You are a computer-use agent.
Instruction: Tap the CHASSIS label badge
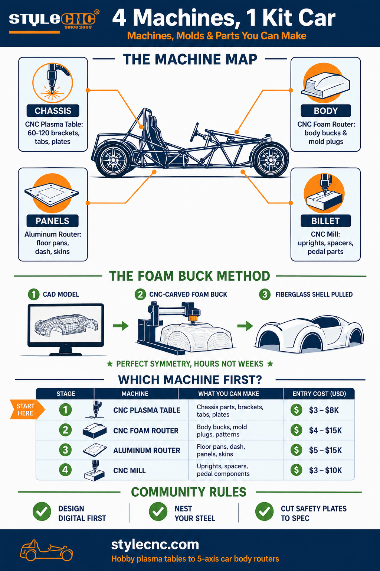click(x=53, y=111)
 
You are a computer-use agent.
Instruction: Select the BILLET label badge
click(x=325, y=221)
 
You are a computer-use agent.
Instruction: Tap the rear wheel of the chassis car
click(x=113, y=160)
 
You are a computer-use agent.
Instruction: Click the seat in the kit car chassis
click(x=155, y=135)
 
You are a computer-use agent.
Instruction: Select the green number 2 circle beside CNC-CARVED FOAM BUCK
click(x=140, y=294)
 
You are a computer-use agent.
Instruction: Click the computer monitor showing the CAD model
click(x=66, y=329)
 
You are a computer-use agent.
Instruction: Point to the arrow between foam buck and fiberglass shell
click(x=245, y=326)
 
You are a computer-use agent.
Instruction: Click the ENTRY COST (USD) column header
click(x=319, y=394)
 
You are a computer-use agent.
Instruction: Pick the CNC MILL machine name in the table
click(x=129, y=471)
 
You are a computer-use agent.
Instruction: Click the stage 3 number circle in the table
click(x=65, y=450)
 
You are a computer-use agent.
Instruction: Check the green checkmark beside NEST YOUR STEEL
click(x=158, y=512)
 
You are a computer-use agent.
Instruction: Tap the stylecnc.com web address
click(x=155, y=545)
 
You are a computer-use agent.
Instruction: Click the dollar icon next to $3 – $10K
click(x=296, y=470)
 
